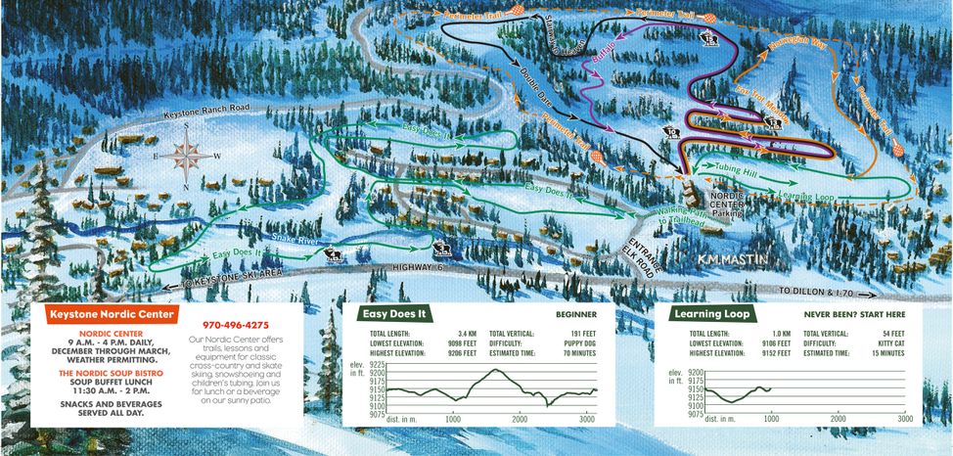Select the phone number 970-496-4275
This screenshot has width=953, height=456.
[x=235, y=325]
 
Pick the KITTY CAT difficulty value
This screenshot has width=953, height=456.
[x=888, y=345]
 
